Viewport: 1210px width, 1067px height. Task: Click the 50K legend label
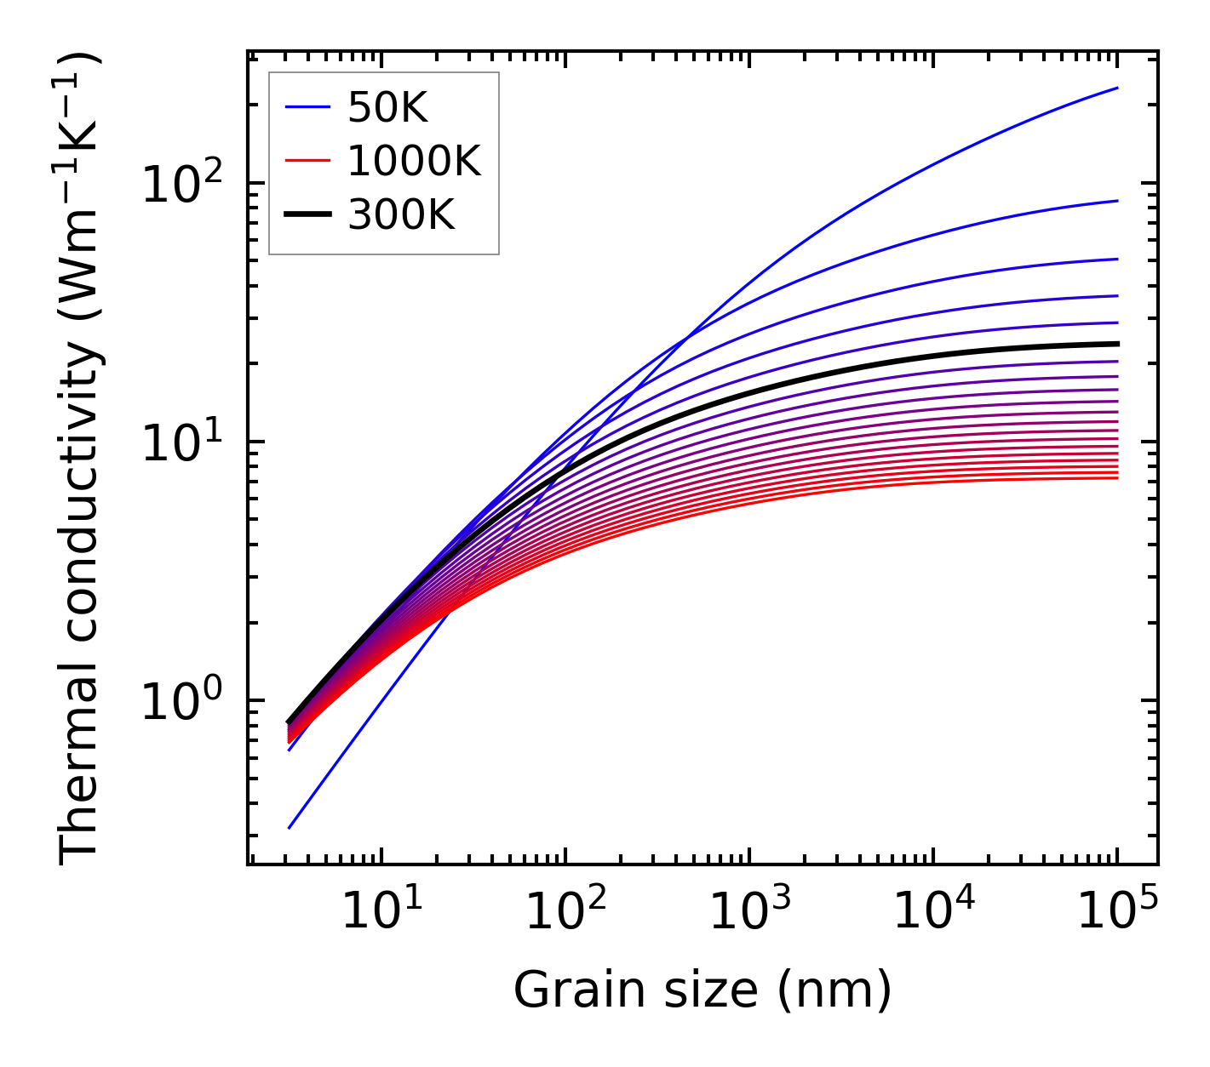[x=387, y=107]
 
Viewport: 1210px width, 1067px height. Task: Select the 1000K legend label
[x=414, y=161]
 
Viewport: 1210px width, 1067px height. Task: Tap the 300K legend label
[x=401, y=215]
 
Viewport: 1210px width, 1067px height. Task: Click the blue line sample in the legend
[x=307, y=107]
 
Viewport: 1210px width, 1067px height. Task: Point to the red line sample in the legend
[x=307, y=161]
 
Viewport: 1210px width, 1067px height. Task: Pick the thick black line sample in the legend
[x=307, y=215]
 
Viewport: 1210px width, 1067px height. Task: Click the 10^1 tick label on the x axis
[x=381, y=912]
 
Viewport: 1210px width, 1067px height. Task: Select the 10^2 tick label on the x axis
[x=565, y=912]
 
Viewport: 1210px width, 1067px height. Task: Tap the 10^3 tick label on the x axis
[x=748, y=912]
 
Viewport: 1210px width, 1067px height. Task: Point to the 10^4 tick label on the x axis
[x=932, y=912]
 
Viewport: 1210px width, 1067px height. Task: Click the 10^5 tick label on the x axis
[x=1116, y=912]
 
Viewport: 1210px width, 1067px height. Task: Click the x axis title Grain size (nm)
[x=702, y=990]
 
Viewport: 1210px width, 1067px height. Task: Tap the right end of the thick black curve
[x=1117, y=344]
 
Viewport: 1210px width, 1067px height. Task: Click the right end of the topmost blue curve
[x=1117, y=88]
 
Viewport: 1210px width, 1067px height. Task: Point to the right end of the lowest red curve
[x=1117, y=478]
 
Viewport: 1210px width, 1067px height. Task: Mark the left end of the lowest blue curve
[x=290, y=828]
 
